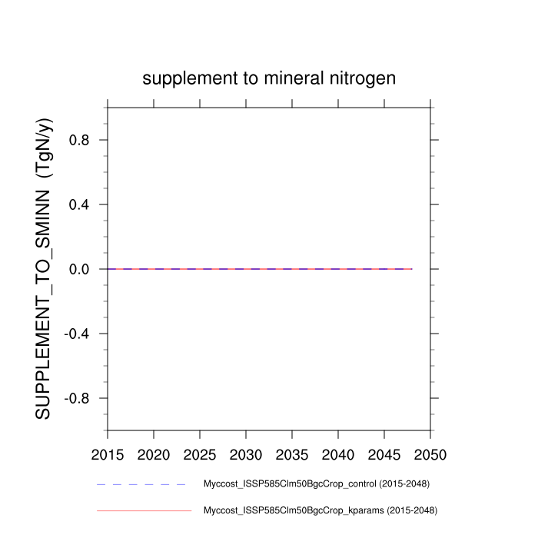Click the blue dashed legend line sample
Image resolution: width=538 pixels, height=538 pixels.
(142, 485)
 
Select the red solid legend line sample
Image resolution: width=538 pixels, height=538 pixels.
(144, 510)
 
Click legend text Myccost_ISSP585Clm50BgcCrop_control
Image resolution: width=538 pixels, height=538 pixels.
(315, 484)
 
